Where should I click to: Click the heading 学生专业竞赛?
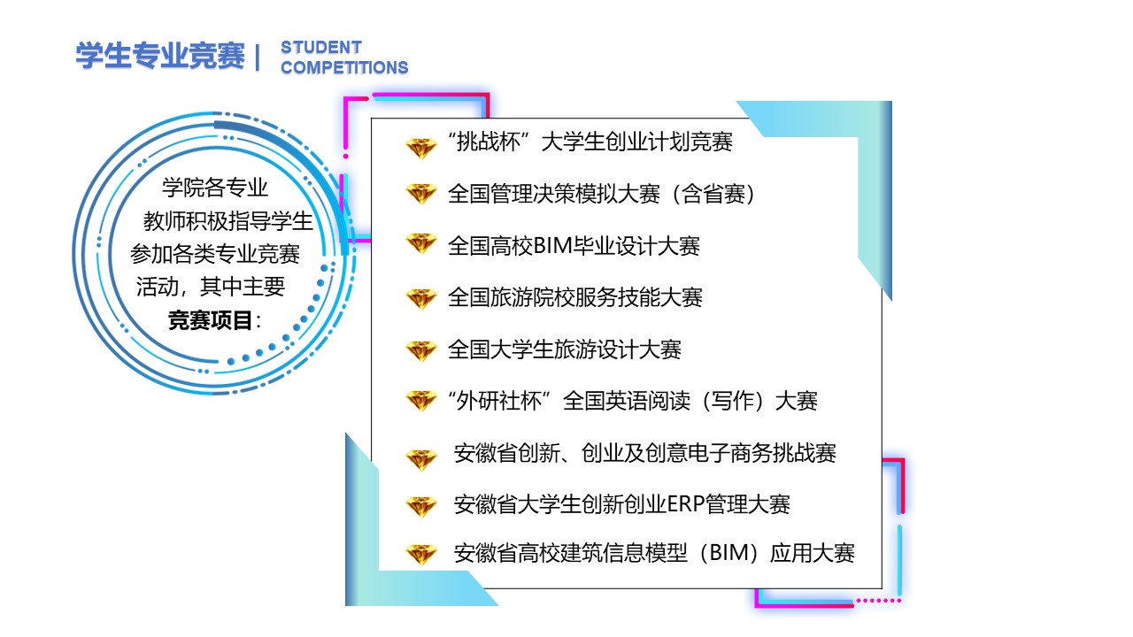(x=160, y=55)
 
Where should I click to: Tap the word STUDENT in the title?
(x=321, y=48)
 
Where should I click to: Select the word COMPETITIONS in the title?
(x=344, y=67)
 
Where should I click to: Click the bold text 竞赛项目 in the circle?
(x=210, y=320)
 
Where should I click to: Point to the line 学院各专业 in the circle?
(x=215, y=188)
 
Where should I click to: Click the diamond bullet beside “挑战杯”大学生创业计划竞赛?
(x=420, y=148)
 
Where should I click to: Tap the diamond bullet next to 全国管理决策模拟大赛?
(x=420, y=194)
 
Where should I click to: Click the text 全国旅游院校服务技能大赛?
(x=575, y=297)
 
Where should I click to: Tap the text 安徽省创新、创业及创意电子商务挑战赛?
(x=645, y=453)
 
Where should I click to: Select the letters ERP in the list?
(x=686, y=504)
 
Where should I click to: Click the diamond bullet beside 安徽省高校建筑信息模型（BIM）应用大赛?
(x=420, y=554)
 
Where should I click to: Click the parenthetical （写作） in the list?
(x=732, y=401)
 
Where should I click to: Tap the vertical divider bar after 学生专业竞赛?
(x=258, y=57)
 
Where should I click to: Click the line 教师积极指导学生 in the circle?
(x=228, y=221)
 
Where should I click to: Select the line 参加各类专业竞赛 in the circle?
(x=215, y=254)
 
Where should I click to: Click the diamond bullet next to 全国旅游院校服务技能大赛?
(x=420, y=299)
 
